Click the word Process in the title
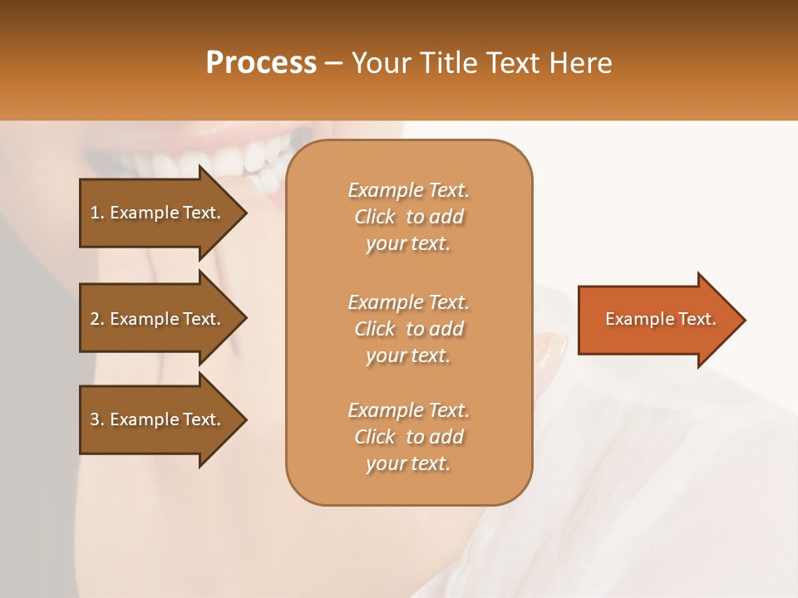click(x=261, y=63)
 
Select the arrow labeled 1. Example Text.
click(x=158, y=213)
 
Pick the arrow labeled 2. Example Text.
click(x=158, y=319)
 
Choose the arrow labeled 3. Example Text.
click(x=158, y=419)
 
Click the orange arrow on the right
click(x=657, y=320)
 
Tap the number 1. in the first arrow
click(x=97, y=213)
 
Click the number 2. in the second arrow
click(x=97, y=319)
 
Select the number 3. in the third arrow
click(x=97, y=419)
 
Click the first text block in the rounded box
click(x=408, y=217)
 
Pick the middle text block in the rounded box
click(x=408, y=328)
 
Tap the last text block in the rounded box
click(x=408, y=437)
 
